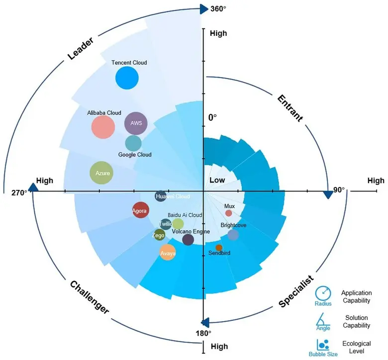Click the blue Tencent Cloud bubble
[126, 78]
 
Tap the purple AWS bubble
[136, 123]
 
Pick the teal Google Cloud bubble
[133, 143]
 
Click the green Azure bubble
[100, 174]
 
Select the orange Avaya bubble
[168, 253]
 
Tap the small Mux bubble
[229, 213]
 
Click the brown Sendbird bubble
[219, 248]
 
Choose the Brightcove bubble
[233, 235]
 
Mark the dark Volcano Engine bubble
[188, 240]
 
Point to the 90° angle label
[339, 190]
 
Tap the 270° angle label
[19, 192]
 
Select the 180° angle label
[203, 333]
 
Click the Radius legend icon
[323, 293]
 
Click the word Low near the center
[217, 180]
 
